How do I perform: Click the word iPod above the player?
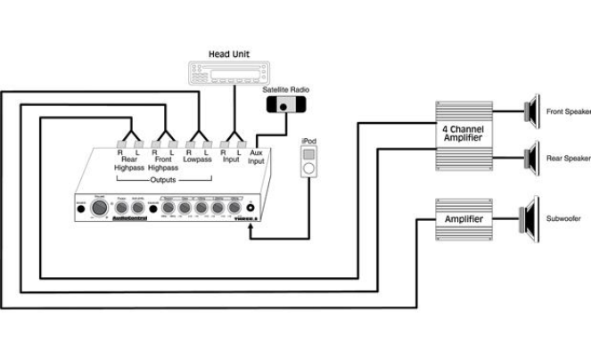308,141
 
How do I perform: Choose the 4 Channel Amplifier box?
464,135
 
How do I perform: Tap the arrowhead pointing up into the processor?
251,230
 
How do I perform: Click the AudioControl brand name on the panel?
130,218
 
